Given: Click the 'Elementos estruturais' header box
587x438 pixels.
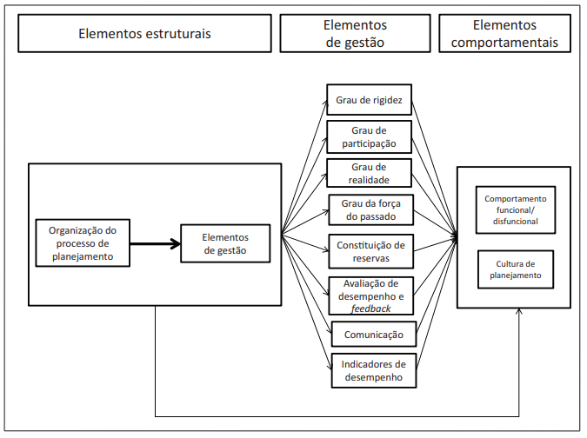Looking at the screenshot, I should pos(144,34).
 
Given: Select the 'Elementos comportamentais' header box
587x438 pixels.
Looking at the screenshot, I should pos(504,34).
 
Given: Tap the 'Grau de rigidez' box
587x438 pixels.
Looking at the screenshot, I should pos(370,100).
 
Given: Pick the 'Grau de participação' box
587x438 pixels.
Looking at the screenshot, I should pos(370,136).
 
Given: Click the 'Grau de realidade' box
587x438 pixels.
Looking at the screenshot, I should pos(370,173).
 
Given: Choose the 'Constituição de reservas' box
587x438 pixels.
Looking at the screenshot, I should pos(370,251).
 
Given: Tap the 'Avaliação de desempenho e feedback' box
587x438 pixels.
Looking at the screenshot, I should pos(370,295).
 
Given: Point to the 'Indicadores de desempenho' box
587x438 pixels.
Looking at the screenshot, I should pos(374,371).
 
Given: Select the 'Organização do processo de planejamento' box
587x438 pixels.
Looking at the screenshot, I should pos(83,243).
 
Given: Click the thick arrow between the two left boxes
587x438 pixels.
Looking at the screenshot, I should pos(156,243).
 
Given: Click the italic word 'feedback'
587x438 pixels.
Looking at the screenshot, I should pos(370,308).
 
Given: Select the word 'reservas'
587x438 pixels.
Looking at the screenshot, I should pos(370,258).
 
